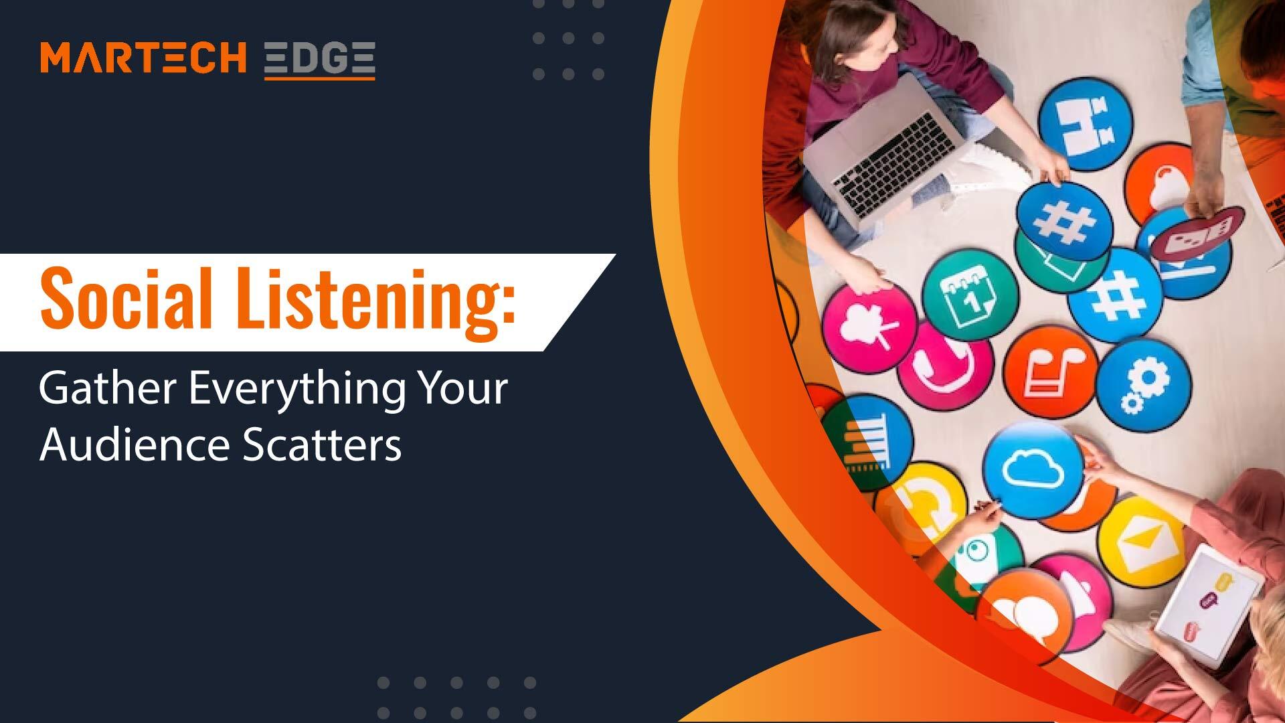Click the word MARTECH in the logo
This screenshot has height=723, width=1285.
pyautogui.click(x=143, y=58)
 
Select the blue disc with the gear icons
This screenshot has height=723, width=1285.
pyautogui.click(x=1144, y=384)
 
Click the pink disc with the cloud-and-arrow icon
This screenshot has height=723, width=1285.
pyautogui.click(x=869, y=329)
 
